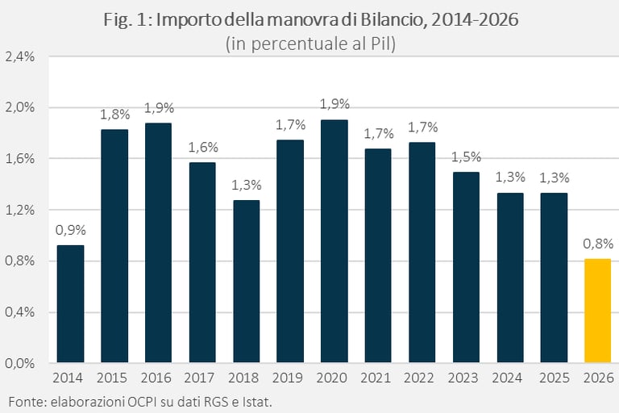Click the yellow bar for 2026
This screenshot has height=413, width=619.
pos(597,311)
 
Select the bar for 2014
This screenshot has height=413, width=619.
pos(70,304)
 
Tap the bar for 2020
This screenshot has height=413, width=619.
pos(334,241)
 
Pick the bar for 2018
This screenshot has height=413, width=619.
pos(246,282)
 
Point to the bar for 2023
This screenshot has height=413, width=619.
pos(466,267)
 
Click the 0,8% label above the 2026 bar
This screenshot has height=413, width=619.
pos(597,244)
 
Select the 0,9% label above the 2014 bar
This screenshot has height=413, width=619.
pos(70,230)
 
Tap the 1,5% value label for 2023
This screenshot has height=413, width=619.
pos(466,156)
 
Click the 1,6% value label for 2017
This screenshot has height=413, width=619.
pos(202,147)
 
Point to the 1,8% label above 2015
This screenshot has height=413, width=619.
pos(114,114)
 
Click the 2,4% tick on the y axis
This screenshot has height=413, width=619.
pos(20,56)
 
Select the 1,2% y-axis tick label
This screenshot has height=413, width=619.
pos(20,210)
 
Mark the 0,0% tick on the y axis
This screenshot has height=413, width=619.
pos(20,363)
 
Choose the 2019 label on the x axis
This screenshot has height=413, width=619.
pos(290,378)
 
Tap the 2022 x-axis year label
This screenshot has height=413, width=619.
pos(422,378)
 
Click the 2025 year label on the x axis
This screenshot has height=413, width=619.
pos(554,378)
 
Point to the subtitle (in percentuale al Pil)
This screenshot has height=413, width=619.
pos(309,44)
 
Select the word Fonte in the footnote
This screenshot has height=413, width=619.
pos(23,401)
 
